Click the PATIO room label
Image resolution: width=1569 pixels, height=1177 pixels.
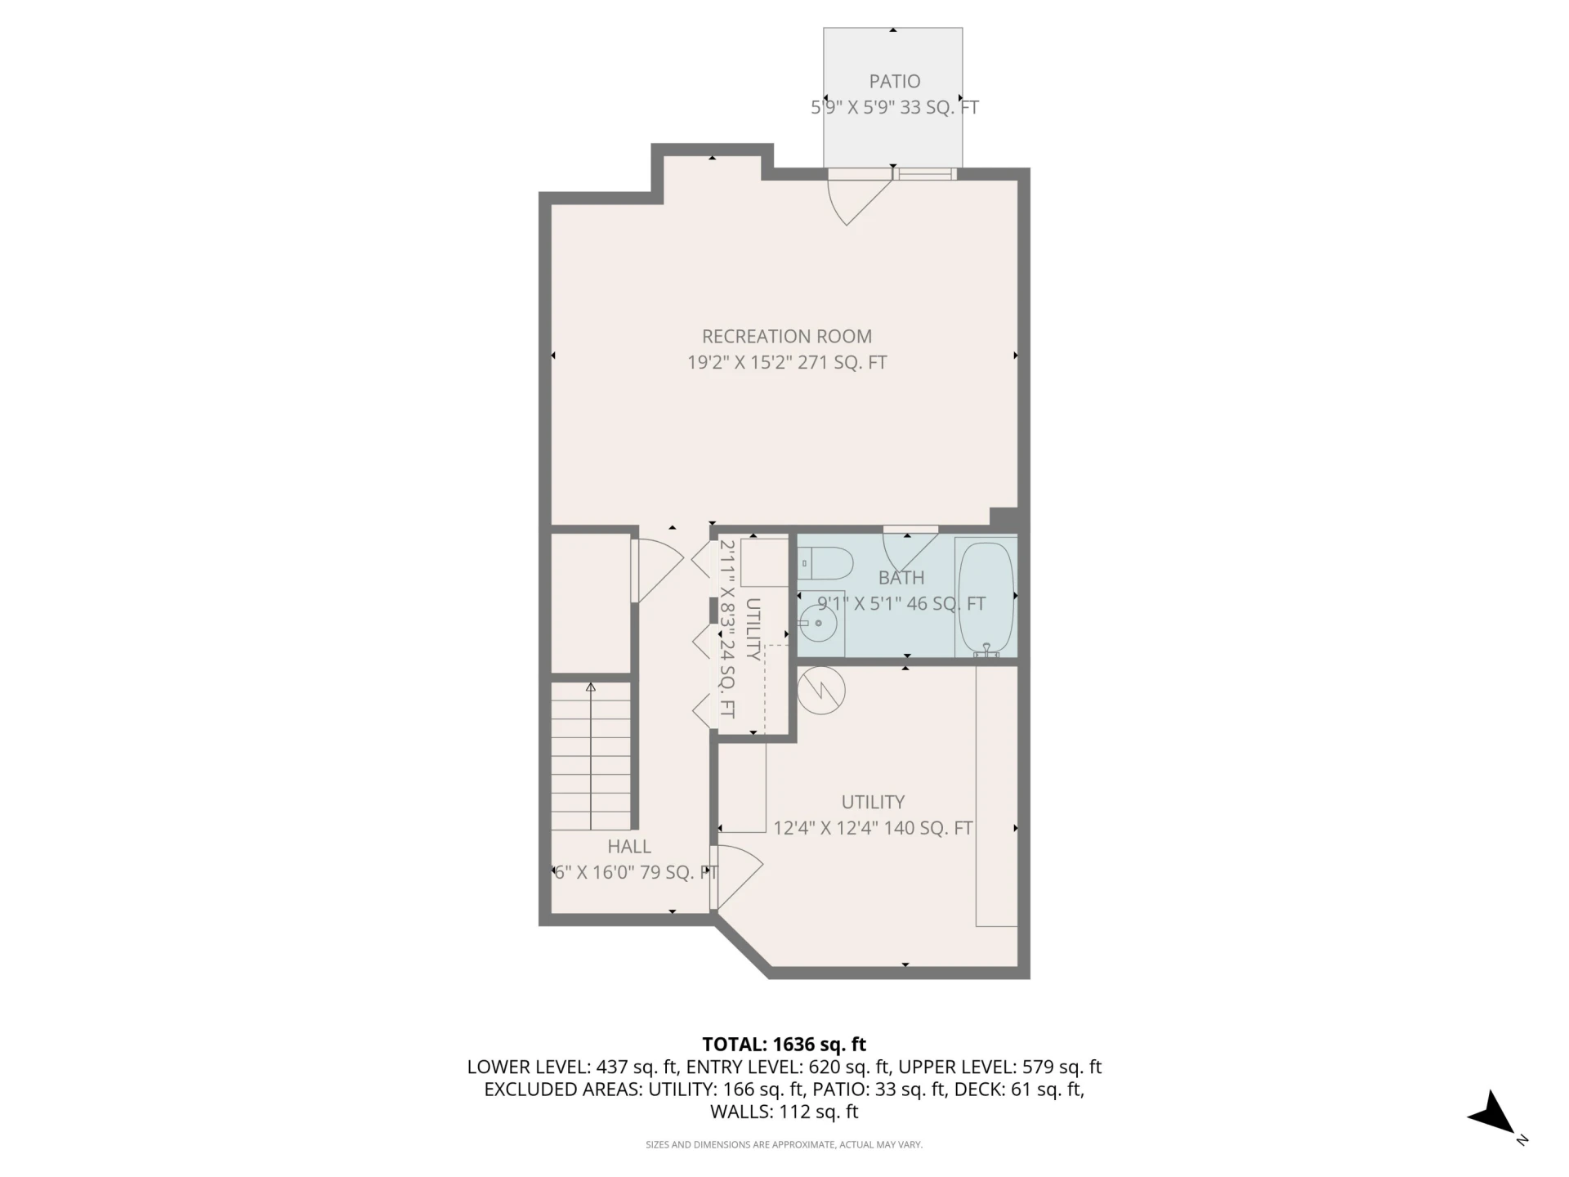(x=894, y=82)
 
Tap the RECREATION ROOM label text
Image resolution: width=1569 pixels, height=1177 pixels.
(x=787, y=337)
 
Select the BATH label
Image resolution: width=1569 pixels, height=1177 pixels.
(x=901, y=578)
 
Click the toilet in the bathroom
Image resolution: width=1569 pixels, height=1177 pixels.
(x=825, y=563)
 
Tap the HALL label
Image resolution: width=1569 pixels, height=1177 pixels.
(x=629, y=847)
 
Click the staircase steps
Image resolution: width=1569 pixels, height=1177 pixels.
(x=591, y=756)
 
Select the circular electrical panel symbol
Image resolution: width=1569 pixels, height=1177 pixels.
(x=821, y=691)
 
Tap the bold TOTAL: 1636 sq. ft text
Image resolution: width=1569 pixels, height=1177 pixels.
(x=784, y=1044)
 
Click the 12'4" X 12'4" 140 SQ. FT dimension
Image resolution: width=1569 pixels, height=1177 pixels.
(x=873, y=828)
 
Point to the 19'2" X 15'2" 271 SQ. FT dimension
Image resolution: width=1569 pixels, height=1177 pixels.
(x=787, y=363)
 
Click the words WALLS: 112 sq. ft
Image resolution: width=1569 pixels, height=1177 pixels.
(x=784, y=1112)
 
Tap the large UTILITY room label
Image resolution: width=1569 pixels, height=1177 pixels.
(x=873, y=802)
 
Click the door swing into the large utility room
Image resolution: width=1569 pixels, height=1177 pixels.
(x=738, y=875)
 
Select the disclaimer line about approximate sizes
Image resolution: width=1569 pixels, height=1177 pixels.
(x=784, y=1145)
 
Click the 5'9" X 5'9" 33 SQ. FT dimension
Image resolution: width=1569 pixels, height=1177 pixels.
(x=894, y=108)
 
